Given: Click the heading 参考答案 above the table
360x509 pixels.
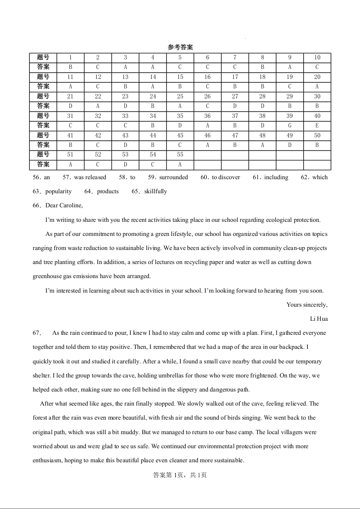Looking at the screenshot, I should coord(180,47).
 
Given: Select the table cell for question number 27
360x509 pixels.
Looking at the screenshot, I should coord(235,96).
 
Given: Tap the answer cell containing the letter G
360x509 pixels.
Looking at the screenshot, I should coord(290,126).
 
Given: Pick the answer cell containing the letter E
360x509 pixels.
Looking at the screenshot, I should coord(317,126).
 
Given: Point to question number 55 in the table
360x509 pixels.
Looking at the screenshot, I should coord(180,155).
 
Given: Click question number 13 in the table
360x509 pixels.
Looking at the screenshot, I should coord(125,77).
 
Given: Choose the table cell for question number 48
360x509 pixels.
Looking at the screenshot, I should coord(262,135).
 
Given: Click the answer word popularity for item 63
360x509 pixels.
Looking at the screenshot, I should coord(59,191).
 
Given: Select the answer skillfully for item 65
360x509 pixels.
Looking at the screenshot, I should coord(155,191).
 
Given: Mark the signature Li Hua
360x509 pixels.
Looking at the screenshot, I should coord(319,319).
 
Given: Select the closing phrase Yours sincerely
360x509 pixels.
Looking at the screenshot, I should coord(307,305).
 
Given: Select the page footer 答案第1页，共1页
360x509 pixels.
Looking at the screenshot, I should coord(180,475).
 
